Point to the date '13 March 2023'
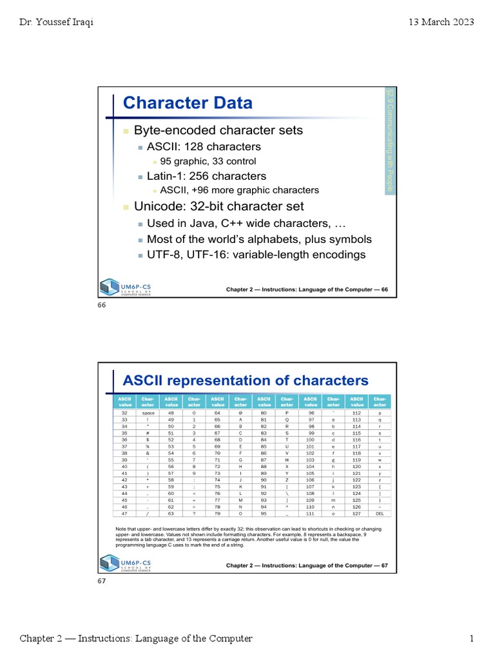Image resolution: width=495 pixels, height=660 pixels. click(x=442, y=22)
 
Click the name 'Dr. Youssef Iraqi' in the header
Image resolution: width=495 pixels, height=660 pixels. click(x=56, y=22)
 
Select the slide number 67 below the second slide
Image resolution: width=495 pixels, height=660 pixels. click(x=101, y=581)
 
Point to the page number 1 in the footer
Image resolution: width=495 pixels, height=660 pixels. click(x=472, y=639)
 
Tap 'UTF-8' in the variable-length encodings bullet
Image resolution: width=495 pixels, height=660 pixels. click(x=162, y=255)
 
